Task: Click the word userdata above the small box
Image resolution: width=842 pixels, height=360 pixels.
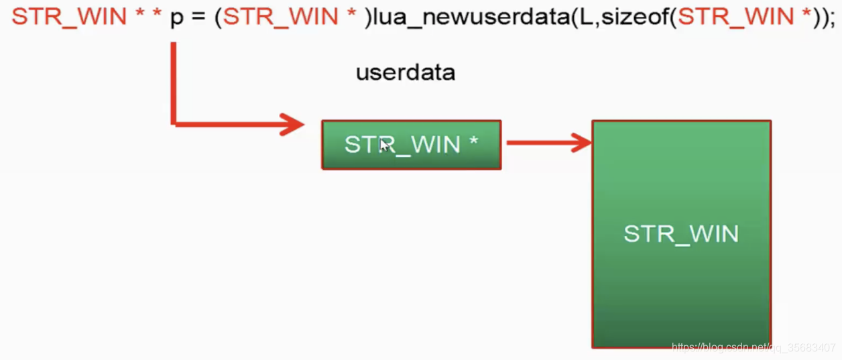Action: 405,72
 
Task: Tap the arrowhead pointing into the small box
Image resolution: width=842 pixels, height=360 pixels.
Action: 293,124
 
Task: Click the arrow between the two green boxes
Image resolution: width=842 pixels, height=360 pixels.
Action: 546,142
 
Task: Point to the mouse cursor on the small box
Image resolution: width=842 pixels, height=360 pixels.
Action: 384,145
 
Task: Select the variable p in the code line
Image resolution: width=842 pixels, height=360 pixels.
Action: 176,17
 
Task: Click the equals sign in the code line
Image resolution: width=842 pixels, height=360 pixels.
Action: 199,16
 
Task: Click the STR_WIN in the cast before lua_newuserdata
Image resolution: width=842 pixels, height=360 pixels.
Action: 280,16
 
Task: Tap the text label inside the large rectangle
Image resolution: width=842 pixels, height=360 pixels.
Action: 681,233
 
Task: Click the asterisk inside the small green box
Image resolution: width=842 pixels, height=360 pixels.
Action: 474,141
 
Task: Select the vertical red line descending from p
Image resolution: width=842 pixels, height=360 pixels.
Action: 174,80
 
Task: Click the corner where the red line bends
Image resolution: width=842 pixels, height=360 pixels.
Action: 174,123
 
